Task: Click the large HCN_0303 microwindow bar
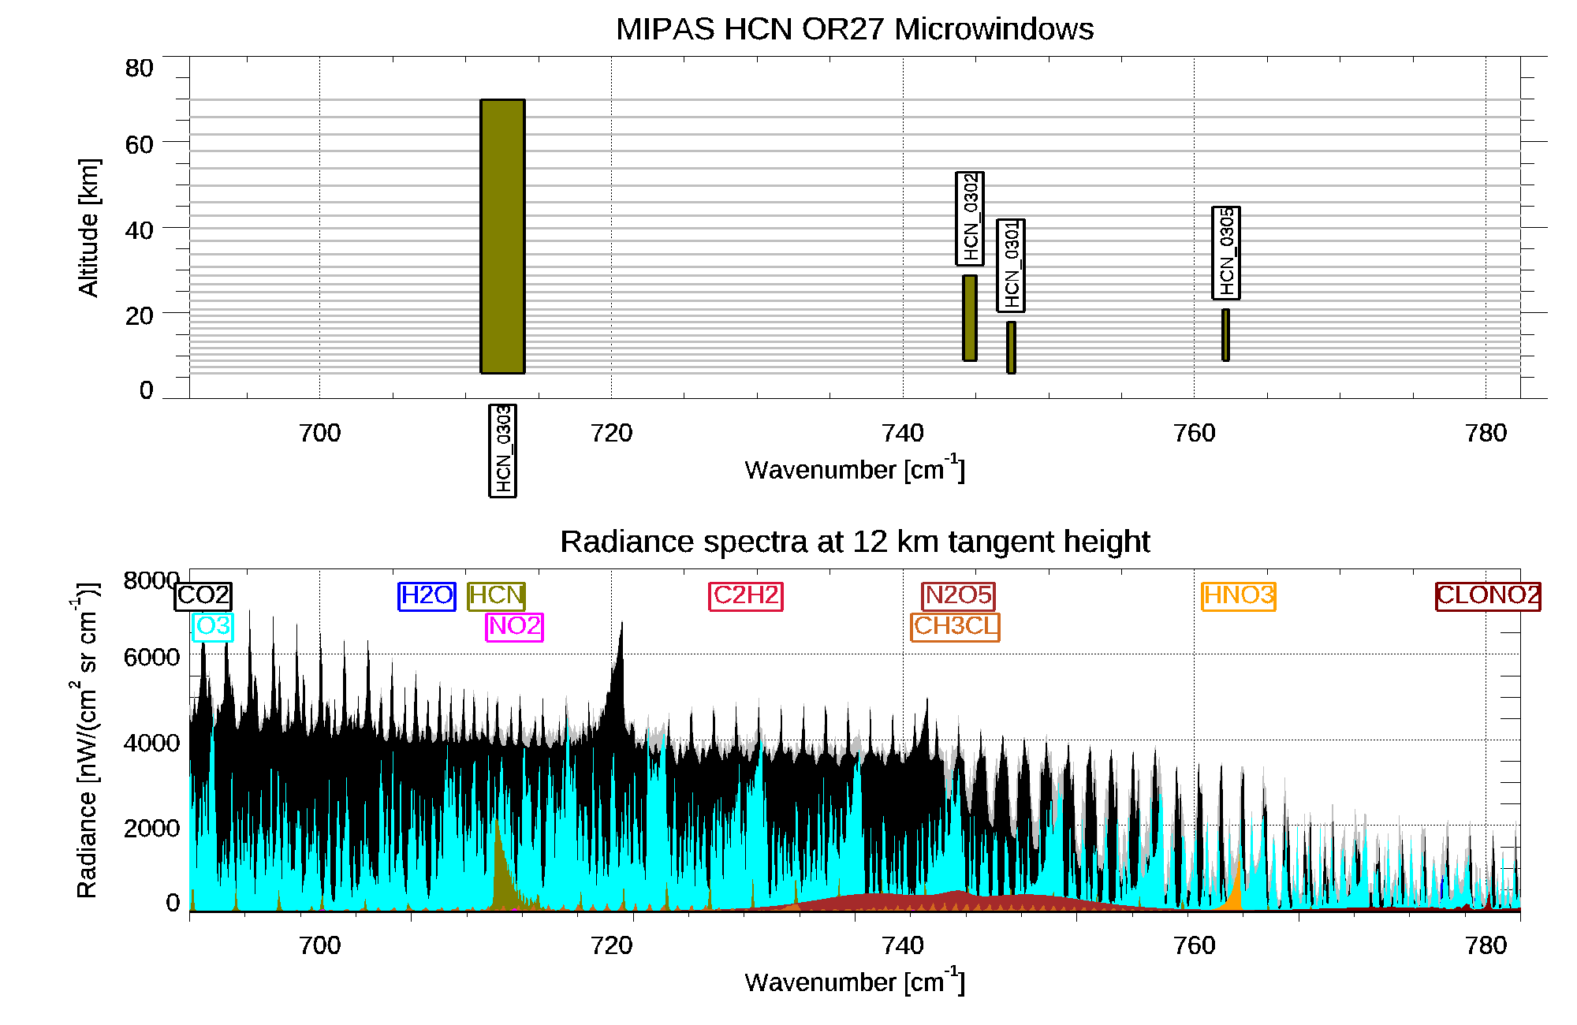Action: [502, 236]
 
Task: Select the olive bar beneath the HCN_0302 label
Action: [970, 318]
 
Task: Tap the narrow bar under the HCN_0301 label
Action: [1011, 347]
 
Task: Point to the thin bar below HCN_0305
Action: [1225, 334]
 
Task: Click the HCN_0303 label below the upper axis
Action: [502, 450]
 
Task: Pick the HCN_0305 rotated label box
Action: [1226, 253]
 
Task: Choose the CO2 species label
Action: [203, 595]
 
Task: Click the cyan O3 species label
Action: [213, 627]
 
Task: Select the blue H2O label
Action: [427, 595]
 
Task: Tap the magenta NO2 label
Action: [514, 627]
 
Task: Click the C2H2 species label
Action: [746, 595]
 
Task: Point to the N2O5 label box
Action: [958, 595]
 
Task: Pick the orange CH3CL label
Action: [955, 627]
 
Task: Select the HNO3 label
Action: [1239, 595]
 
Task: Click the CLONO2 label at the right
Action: [1488, 595]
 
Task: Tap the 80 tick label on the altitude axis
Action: [139, 69]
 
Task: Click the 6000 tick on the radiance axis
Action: [151, 657]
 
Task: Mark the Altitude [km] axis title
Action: [88, 227]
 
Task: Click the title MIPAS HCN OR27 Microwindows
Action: [855, 29]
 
